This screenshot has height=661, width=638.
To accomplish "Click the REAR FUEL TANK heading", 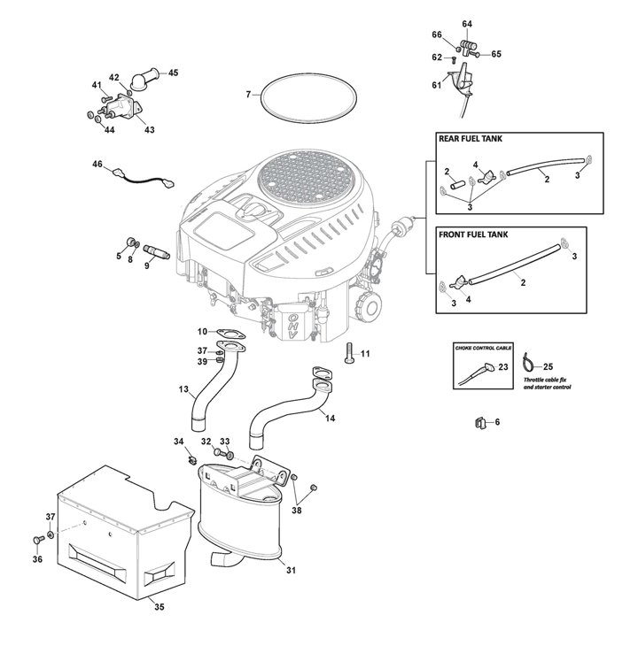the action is click(471, 139).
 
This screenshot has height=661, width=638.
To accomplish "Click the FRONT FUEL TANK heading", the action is click(473, 234).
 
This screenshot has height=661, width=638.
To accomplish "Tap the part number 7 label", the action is click(248, 95).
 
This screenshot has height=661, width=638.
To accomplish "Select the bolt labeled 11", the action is click(348, 353).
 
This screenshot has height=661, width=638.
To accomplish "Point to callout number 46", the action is click(97, 164).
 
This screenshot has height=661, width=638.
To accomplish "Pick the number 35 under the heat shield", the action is click(159, 607).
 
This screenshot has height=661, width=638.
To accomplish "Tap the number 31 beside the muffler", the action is click(291, 570).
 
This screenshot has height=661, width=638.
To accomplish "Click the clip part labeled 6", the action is click(479, 422).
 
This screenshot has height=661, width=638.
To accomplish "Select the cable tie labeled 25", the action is click(528, 362).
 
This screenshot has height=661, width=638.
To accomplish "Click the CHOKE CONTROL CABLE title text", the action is click(483, 348).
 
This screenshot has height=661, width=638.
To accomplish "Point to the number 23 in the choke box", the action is click(503, 367).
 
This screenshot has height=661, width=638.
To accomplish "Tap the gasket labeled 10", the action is click(231, 334).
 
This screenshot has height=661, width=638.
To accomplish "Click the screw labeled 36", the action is click(38, 540).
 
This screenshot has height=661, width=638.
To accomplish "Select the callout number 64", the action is click(467, 24).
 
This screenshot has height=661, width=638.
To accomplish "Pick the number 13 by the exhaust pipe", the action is click(183, 388).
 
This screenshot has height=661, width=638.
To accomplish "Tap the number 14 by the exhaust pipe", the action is click(331, 418).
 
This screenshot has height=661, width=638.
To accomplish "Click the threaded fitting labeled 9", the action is click(157, 251).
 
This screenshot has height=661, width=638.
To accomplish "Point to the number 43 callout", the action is click(150, 130).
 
